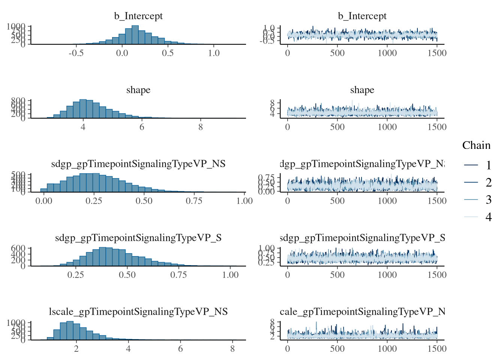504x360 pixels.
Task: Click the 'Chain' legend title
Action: pos(476,145)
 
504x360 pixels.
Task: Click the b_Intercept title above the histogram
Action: pos(138,16)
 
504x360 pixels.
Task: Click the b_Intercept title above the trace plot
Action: pos(362,16)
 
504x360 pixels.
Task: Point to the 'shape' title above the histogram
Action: pos(138,90)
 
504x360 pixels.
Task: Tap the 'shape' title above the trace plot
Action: pos(362,90)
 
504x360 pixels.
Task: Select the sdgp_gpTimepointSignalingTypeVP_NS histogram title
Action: pos(138,164)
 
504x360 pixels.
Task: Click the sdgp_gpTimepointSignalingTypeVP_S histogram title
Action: pos(138,238)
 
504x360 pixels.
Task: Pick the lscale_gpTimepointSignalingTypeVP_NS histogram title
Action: pos(138,312)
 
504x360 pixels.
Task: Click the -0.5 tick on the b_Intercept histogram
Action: pos(76,53)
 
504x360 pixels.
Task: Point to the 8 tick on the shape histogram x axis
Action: pos(201,127)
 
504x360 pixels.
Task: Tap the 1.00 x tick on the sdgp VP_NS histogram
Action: pos(244,201)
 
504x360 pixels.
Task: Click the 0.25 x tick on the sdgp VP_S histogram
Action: pos(76,275)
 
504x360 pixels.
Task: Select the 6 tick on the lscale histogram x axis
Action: pos(180,349)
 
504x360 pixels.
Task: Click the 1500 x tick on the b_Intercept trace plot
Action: pos(437,53)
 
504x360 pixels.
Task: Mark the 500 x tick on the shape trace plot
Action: pos(337,127)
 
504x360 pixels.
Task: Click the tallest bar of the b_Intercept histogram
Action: pos(135,35)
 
